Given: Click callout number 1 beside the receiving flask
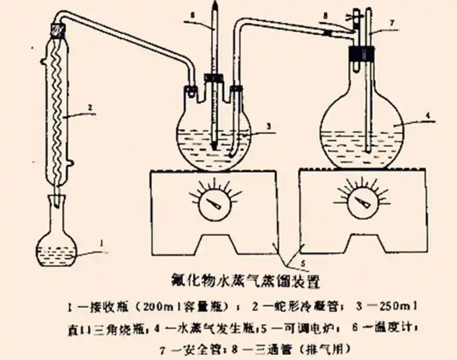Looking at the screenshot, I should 103,243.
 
